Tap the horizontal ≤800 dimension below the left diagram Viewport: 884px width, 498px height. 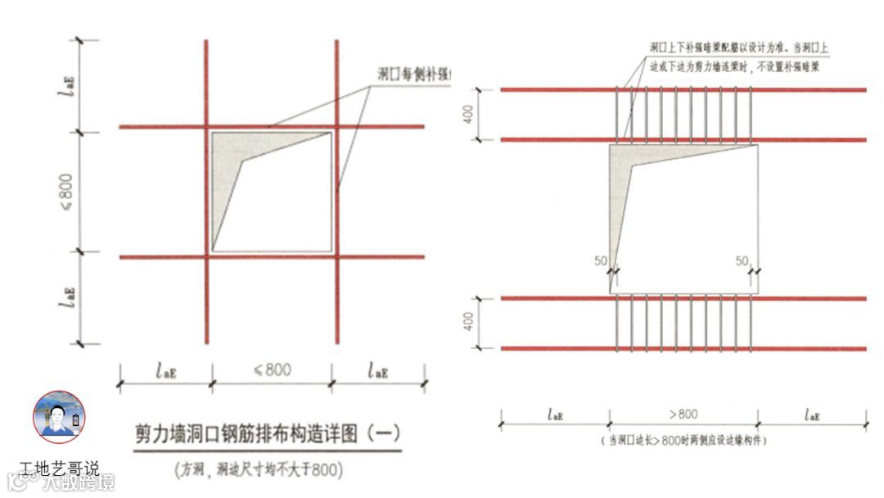pos(273,370)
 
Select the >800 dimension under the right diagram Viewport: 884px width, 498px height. pos(683,414)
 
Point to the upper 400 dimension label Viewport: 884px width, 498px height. pos(469,115)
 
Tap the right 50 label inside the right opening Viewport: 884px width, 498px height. pos(742,261)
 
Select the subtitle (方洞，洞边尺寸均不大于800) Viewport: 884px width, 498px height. pos(258,470)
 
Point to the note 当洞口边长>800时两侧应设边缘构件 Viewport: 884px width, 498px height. pos(686,441)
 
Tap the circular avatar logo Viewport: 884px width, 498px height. pos(59,417)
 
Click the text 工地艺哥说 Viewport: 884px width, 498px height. pos(59,469)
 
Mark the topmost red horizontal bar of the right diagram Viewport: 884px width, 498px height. pos(683,89)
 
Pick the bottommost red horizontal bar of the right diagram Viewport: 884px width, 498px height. pos(683,349)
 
